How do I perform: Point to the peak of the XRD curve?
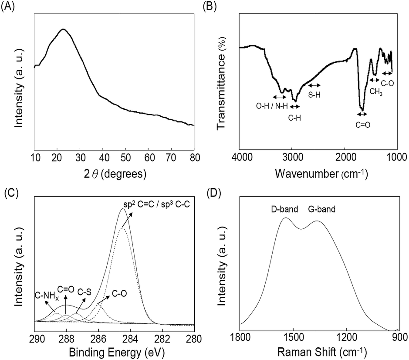coord(64,29)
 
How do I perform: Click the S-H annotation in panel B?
coord(314,94)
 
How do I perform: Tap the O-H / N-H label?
coord(272,105)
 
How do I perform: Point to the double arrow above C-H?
coord(295,106)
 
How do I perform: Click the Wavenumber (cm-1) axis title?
coord(321,174)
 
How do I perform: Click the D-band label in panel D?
coord(285,209)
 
